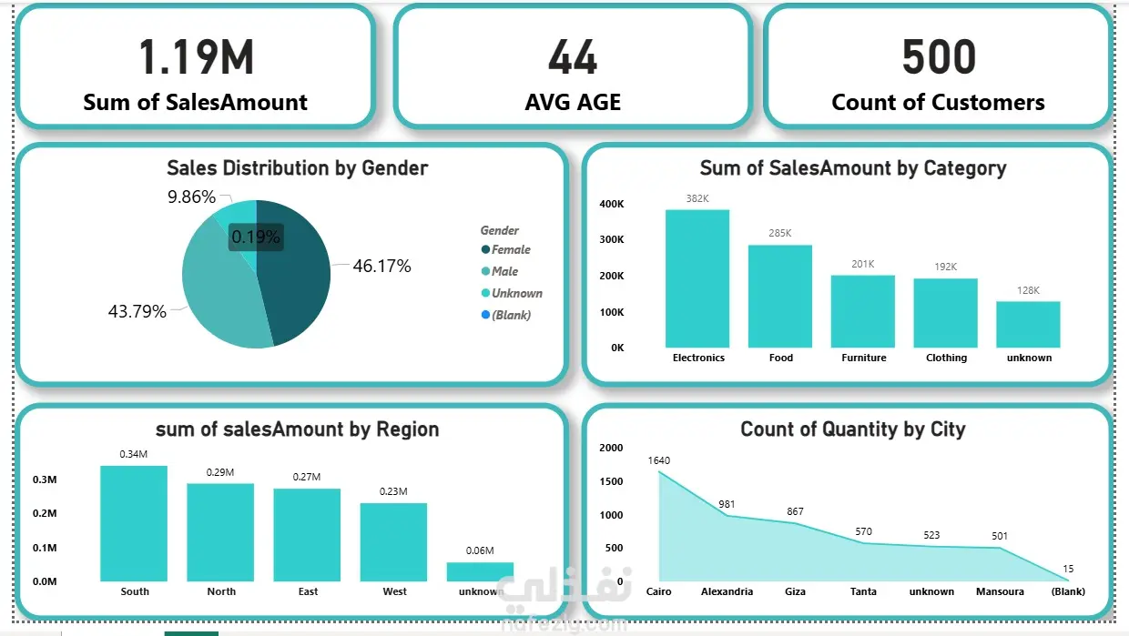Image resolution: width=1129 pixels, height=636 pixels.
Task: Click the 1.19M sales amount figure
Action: coord(196,58)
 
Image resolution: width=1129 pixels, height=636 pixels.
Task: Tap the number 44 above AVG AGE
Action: coord(573,58)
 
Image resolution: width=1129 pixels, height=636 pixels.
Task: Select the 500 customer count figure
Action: coord(938,58)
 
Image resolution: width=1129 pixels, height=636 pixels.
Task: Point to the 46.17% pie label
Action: coord(382,267)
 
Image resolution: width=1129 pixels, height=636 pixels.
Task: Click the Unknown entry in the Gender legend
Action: coord(516,293)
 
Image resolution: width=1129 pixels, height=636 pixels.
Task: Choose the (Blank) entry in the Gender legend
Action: coord(511,315)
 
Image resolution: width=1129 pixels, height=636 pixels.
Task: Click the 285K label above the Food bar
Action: coord(780,233)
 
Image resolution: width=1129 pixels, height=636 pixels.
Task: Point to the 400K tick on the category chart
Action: coord(611,204)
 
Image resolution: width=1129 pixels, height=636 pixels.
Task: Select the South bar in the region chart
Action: coord(134,523)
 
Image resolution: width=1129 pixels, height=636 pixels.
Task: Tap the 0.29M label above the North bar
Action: coord(220,472)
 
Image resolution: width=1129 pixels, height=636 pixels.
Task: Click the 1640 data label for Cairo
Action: coord(658,460)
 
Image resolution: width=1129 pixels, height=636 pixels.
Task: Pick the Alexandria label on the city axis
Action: coord(727,591)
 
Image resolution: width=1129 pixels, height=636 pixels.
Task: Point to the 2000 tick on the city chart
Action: coord(612,448)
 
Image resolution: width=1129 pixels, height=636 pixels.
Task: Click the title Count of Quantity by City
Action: coord(852,429)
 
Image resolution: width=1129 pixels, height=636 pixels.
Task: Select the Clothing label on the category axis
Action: coord(946,358)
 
